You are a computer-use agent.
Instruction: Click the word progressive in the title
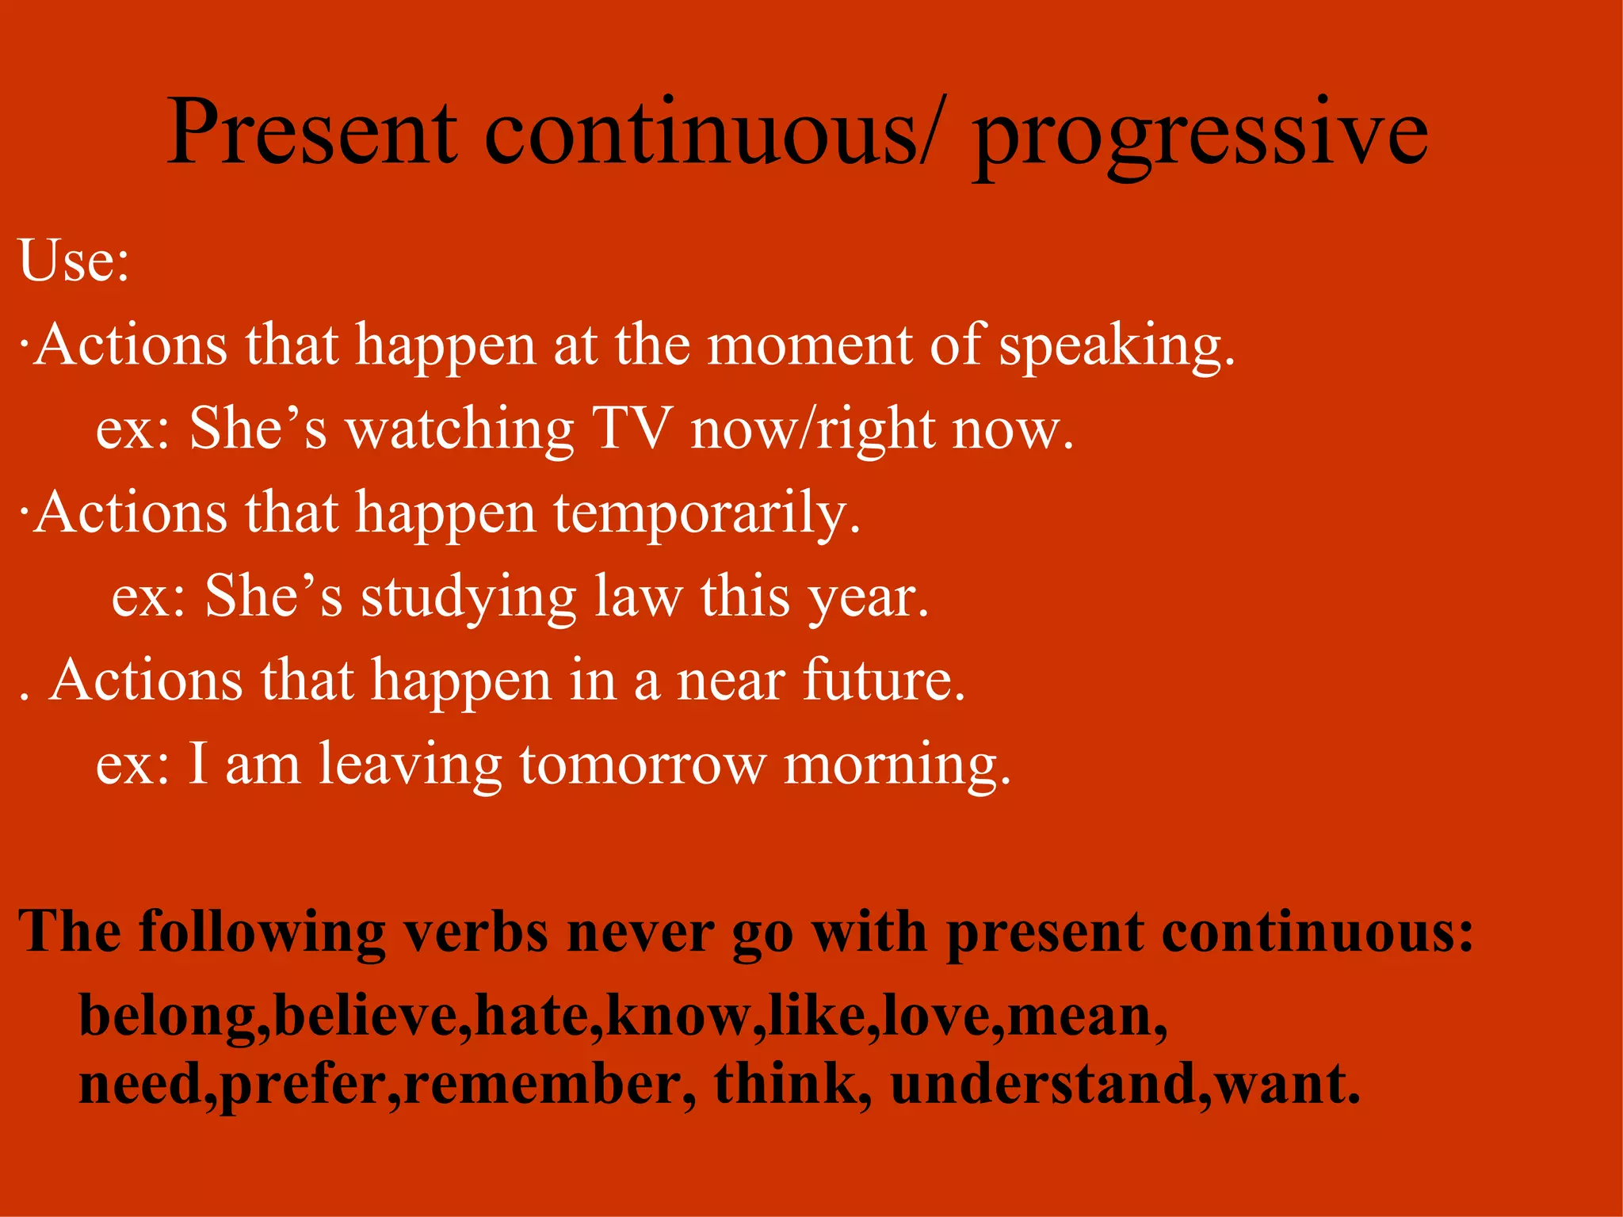(1200, 135)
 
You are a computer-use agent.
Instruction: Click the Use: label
(74, 261)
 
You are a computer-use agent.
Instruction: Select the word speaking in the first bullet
(1116, 347)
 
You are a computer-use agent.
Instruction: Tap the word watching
(460, 430)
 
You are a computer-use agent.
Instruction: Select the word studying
(468, 598)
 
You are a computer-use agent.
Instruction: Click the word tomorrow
(643, 765)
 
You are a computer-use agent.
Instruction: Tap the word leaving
(410, 765)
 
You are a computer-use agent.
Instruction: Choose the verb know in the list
(678, 1016)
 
